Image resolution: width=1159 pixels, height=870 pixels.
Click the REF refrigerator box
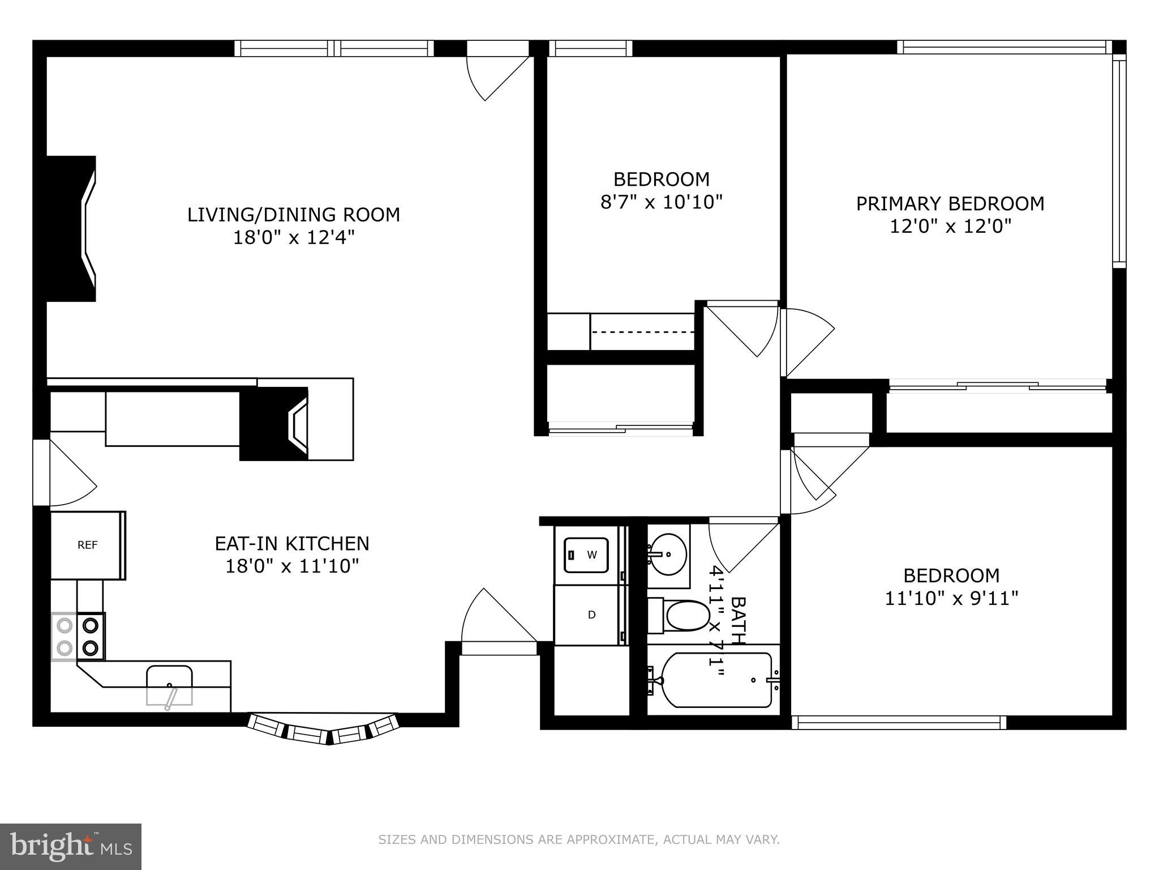87,545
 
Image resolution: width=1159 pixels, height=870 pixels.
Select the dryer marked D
591,615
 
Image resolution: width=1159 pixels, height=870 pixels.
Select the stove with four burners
78,637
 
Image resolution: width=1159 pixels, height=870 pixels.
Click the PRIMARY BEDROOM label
950,204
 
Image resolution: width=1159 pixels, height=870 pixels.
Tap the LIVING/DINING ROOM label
293,215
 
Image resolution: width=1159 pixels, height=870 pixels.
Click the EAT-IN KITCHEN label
291,544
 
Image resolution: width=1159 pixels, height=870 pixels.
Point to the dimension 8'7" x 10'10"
661,202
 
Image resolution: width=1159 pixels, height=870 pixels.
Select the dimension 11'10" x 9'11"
951,599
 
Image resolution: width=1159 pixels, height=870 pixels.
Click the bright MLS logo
70,846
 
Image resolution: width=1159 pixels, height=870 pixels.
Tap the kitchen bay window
324,731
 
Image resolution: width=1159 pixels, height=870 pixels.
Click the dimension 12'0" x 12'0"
950,227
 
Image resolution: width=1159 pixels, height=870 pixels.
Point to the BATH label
737,621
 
